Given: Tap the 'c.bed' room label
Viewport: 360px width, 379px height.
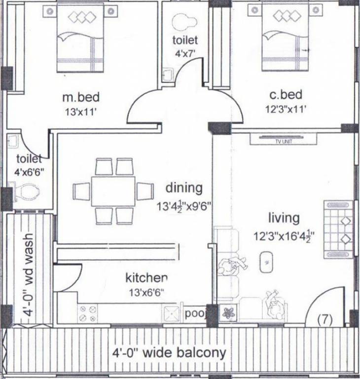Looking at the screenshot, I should click(x=286, y=94).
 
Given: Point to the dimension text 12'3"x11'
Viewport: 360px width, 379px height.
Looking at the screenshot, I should click(x=285, y=110).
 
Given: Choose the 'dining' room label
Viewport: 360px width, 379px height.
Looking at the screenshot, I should click(x=183, y=188).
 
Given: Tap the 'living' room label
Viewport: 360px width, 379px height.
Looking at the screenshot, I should click(x=284, y=218).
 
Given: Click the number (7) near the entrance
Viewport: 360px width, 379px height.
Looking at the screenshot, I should click(x=324, y=319).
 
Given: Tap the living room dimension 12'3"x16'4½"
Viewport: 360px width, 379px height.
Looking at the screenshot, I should click(x=284, y=235).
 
